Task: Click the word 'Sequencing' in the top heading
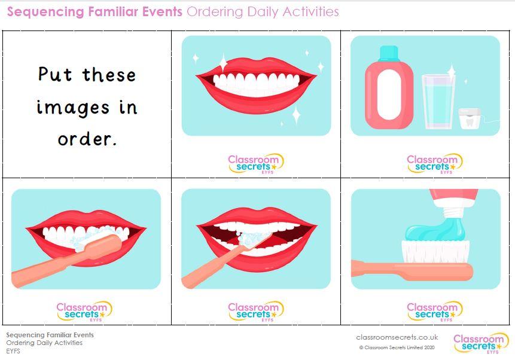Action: tap(45, 12)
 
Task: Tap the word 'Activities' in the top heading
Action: tap(310, 11)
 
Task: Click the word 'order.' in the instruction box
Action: tap(87, 139)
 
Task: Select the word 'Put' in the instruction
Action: tap(55, 74)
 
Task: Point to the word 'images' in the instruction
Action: tap(72, 108)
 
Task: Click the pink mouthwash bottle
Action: tap(389, 88)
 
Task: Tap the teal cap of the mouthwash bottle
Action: tap(389, 53)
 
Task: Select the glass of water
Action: tap(438, 102)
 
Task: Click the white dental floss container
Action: tap(470, 118)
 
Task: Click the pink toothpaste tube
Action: tap(454, 203)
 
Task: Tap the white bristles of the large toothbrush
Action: tap(435, 251)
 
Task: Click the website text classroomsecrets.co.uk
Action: tap(397, 337)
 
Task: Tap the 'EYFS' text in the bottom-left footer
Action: tap(13, 351)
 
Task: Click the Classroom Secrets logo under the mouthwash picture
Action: tap(434, 163)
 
